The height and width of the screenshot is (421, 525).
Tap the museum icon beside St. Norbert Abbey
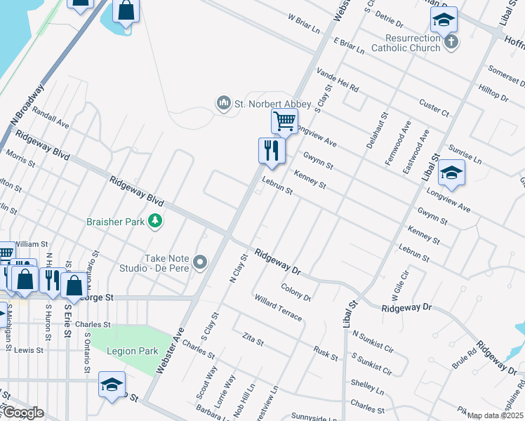click(224, 104)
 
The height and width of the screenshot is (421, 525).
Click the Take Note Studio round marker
click(200, 263)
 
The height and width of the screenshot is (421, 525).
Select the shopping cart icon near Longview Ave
click(284, 121)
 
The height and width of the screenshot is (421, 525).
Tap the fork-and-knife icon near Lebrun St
click(271, 149)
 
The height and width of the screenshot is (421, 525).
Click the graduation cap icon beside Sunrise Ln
click(452, 173)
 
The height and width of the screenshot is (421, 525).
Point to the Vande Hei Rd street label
click(338, 80)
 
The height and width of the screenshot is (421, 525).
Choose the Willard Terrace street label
click(279, 308)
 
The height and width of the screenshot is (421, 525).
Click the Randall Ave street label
click(51, 118)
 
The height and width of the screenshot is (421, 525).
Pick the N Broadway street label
click(27, 105)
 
